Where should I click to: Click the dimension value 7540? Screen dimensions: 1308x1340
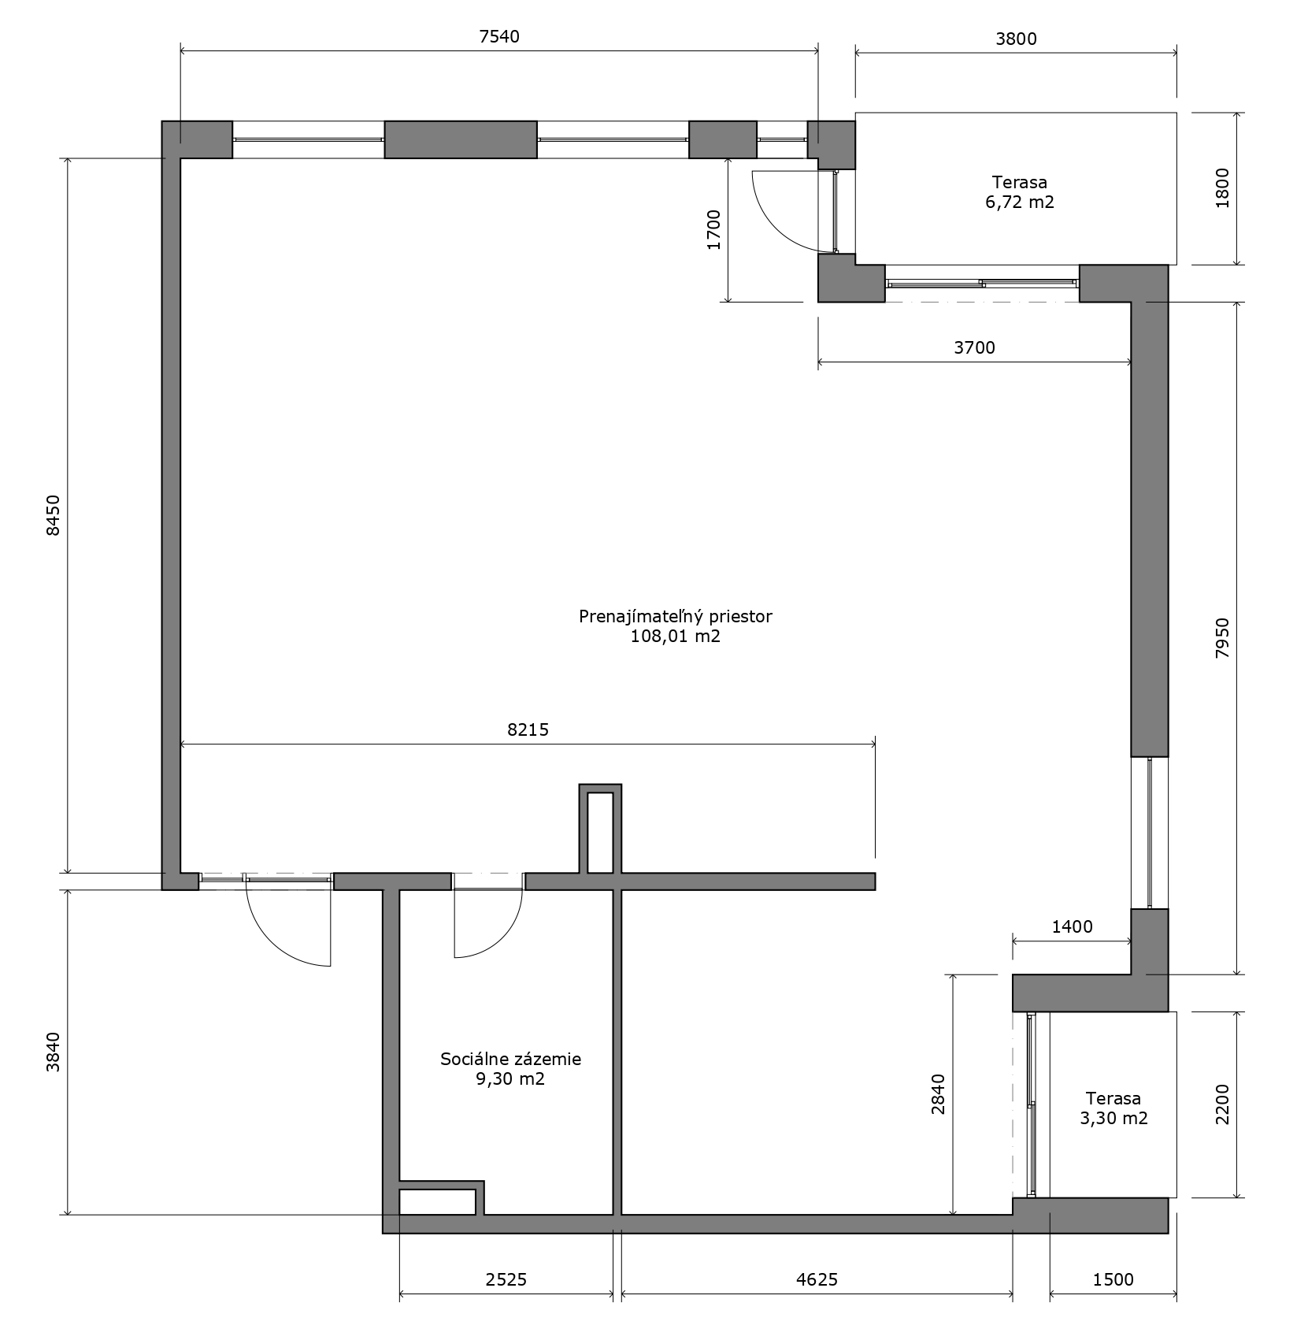point(499,36)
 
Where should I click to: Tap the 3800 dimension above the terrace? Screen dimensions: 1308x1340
point(1017,39)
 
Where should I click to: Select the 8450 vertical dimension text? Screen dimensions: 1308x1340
point(54,516)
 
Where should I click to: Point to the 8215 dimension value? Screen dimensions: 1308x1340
point(528,729)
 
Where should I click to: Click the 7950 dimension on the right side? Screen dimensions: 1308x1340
point(1222,638)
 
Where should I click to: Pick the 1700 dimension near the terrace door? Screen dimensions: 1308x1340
point(714,230)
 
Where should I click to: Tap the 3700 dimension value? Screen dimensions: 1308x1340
point(975,347)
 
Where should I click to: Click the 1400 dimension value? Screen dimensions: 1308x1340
point(1073,926)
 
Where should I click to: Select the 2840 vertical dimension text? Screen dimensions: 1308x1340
point(938,1094)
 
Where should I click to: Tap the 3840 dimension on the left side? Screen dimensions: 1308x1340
point(54,1052)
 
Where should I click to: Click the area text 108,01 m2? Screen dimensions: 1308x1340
point(676,637)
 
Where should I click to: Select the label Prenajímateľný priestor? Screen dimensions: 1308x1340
point(676,617)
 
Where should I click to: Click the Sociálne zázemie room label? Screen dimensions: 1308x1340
point(511,1059)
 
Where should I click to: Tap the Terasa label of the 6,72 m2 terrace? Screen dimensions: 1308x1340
point(1020,183)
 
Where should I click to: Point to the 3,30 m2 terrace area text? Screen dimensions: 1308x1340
point(1113,1118)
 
